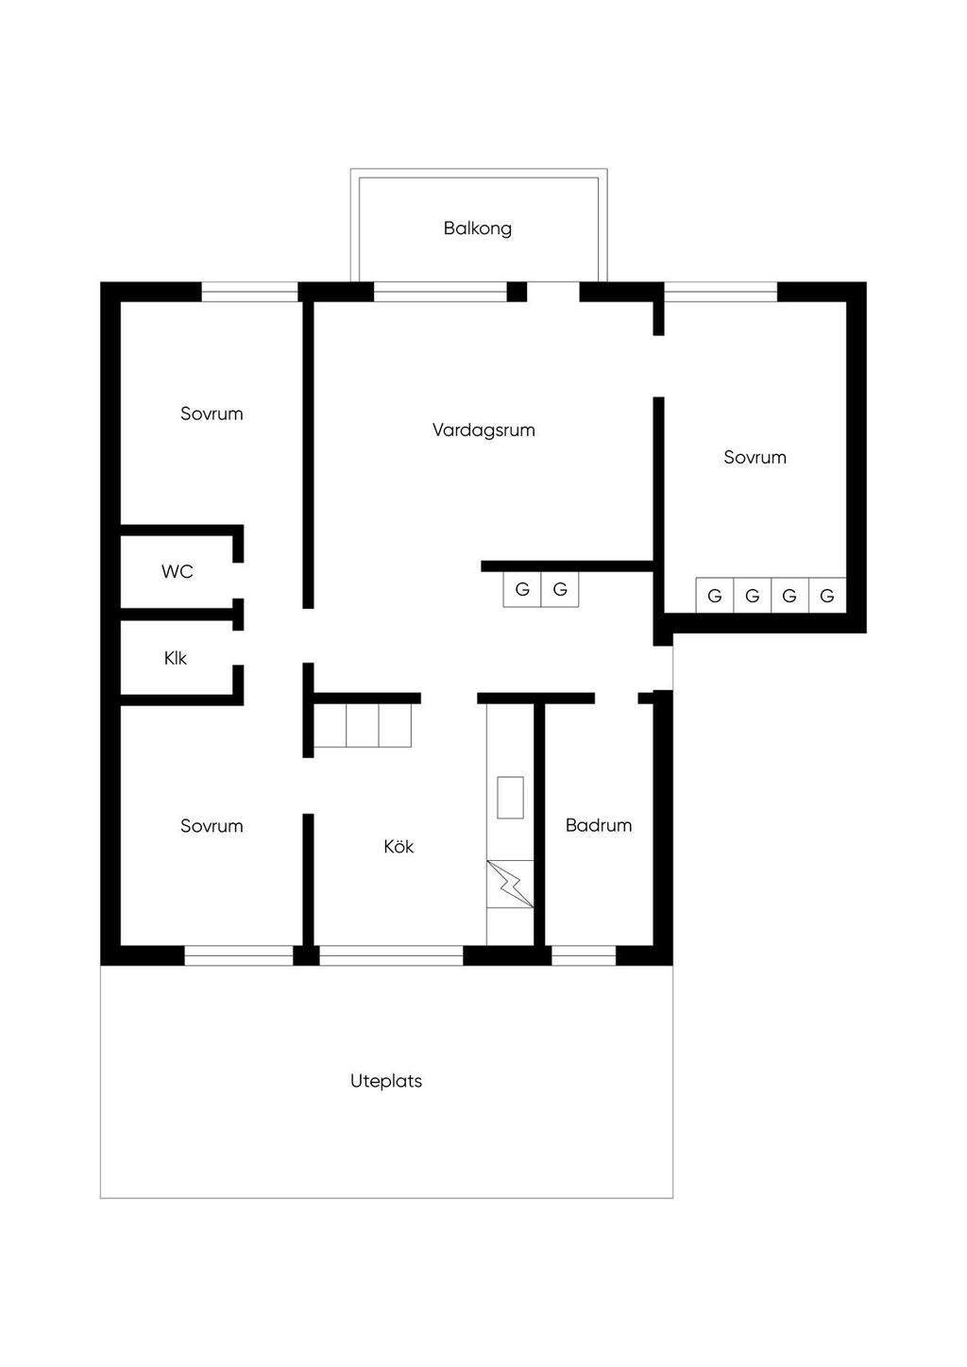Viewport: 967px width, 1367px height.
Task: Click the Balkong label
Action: pos(478,228)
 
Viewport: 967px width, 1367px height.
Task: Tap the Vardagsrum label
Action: pos(483,430)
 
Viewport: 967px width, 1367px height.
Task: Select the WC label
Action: pos(177,572)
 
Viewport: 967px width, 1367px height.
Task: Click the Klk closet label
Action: pos(176,658)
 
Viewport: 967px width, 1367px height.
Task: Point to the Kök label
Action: pos(399,847)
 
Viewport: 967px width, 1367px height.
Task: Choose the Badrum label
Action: pos(599,826)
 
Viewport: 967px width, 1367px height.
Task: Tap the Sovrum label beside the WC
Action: pos(212,413)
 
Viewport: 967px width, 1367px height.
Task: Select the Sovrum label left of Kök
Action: pos(212,826)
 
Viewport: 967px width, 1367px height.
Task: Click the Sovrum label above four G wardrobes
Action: pos(755,458)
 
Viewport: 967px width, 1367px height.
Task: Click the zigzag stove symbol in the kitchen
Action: pos(510,885)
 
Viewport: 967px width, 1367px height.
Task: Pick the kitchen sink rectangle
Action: pos(510,798)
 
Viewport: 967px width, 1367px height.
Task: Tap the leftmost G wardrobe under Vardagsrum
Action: pos(522,590)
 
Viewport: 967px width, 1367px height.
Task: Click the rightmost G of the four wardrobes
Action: pos(827,595)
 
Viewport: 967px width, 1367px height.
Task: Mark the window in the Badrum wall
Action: pos(584,955)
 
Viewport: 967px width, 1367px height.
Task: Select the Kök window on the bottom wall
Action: pos(391,955)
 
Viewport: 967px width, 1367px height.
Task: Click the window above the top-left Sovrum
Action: pos(249,292)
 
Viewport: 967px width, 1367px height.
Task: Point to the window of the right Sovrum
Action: pos(721,292)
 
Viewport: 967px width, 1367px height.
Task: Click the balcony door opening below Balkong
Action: pos(553,292)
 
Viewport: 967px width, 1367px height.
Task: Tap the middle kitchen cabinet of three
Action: pos(363,726)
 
